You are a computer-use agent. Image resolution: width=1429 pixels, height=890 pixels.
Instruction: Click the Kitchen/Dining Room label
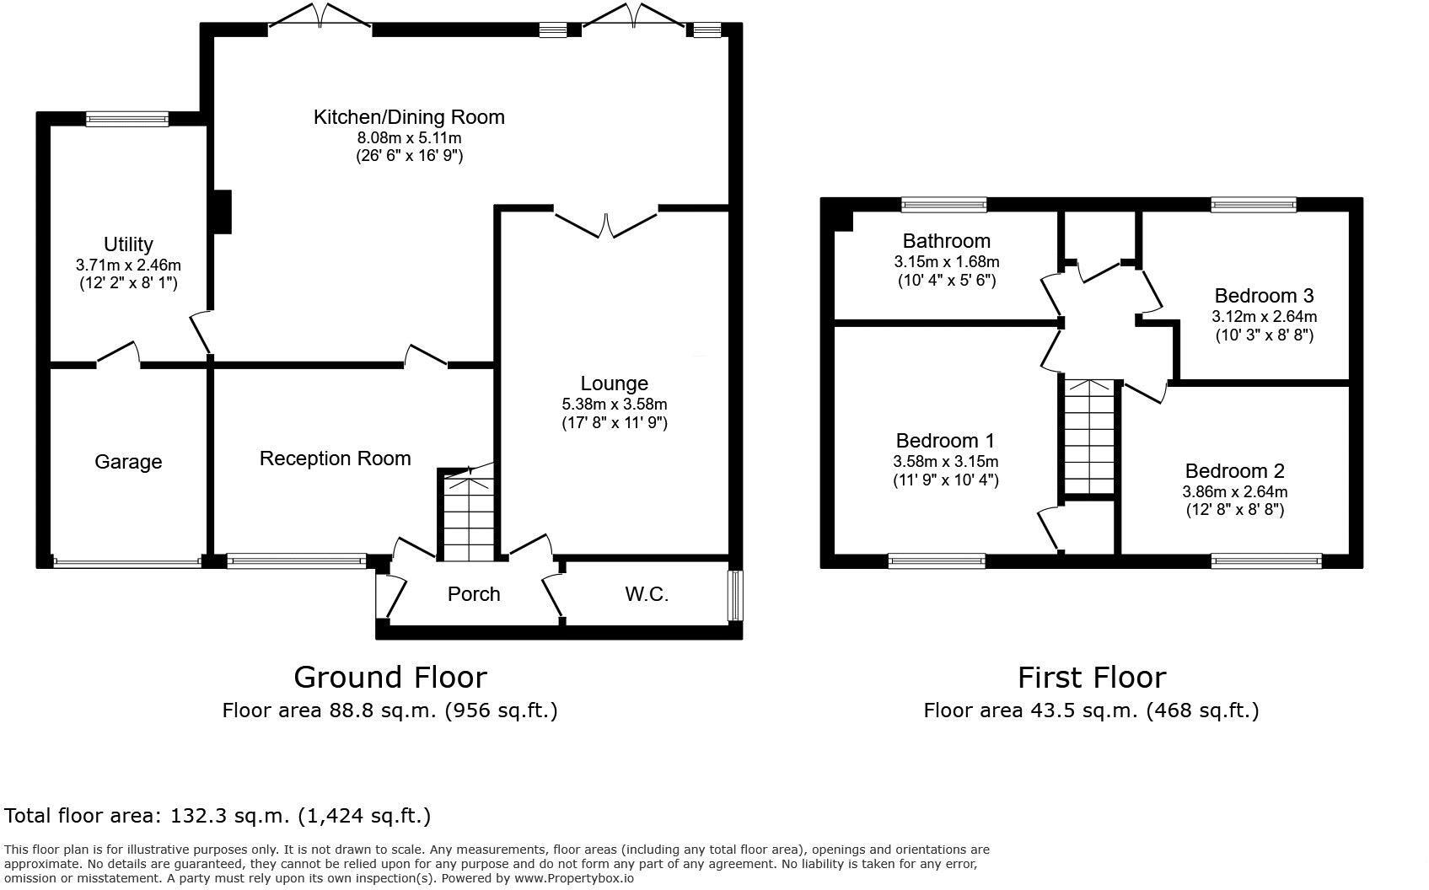coord(409,117)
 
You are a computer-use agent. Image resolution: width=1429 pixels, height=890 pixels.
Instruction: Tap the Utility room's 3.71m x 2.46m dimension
coord(128,265)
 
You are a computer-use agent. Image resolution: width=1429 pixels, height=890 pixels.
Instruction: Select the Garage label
coord(128,462)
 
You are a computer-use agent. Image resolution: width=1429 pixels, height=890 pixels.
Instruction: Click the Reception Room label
coord(335,458)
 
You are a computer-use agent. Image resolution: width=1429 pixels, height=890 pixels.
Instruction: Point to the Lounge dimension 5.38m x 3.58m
coord(615,405)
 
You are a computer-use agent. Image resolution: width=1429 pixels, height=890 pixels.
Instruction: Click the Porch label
coord(474,594)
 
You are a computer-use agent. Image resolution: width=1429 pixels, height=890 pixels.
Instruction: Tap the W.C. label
coord(647,594)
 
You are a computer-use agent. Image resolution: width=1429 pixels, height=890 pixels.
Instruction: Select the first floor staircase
coord(1089,438)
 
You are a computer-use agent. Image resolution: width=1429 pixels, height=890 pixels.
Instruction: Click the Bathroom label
coord(946,241)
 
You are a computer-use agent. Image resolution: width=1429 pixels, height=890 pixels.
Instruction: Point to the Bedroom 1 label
coord(945,441)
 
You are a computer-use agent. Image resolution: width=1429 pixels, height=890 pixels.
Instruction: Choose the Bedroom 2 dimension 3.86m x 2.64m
coord(1234,492)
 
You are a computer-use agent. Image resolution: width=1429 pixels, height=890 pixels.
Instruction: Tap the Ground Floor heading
coord(389,678)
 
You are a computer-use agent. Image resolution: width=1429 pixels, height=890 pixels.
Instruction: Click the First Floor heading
coord(1091,678)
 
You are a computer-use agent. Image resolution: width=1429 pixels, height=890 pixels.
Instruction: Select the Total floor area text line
coord(218,816)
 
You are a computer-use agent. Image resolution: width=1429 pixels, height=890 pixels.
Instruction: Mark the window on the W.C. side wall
coord(735,596)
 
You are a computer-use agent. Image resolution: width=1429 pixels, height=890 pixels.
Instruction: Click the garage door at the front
coord(127,561)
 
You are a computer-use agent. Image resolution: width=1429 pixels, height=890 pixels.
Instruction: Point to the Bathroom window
coord(943,204)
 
